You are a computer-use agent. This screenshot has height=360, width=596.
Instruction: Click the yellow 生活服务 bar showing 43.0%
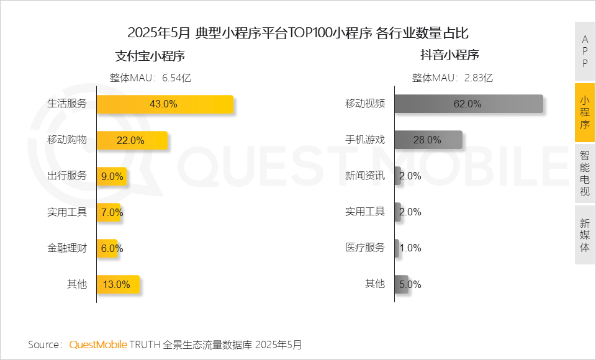click(x=165, y=104)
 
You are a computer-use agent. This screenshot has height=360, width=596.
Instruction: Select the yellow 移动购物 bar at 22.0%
click(x=132, y=140)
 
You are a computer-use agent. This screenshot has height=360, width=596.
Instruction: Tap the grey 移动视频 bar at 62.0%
click(x=468, y=104)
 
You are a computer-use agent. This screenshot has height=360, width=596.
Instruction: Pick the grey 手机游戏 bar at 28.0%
click(x=428, y=140)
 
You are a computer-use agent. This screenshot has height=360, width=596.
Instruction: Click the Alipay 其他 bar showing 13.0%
click(x=117, y=284)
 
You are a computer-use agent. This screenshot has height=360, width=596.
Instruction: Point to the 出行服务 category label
click(x=67, y=176)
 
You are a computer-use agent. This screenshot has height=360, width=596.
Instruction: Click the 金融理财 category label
click(x=67, y=248)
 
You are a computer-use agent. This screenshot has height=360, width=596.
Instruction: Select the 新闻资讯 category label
click(x=365, y=176)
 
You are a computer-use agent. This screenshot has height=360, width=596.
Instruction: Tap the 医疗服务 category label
click(x=365, y=248)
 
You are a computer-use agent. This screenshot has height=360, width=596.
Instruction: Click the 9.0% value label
click(x=112, y=176)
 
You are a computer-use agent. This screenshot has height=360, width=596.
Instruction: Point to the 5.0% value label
click(x=410, y=284)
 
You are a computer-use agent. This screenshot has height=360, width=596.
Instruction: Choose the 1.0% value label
click(x=410, y=248)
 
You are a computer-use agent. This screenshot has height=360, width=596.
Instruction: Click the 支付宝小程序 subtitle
click(x=150, y=56)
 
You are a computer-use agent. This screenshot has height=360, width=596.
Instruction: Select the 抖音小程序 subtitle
click(x=449, y=55)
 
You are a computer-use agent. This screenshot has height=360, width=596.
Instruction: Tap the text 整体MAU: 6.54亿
click(x=150, y=78)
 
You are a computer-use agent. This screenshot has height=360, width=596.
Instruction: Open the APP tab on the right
click(x=585, y=52)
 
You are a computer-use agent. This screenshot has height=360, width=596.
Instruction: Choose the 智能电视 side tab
click(x=585, y=173)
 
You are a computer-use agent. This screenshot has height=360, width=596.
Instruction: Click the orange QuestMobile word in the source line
click(x=98, y=344)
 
